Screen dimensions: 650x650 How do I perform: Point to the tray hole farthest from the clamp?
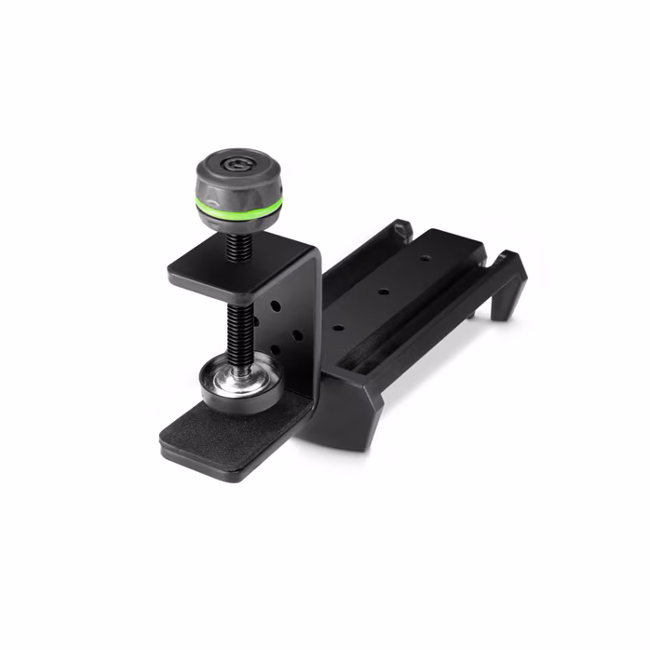click(423, 258)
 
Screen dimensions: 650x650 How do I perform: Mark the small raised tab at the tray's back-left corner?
click(401, 227)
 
